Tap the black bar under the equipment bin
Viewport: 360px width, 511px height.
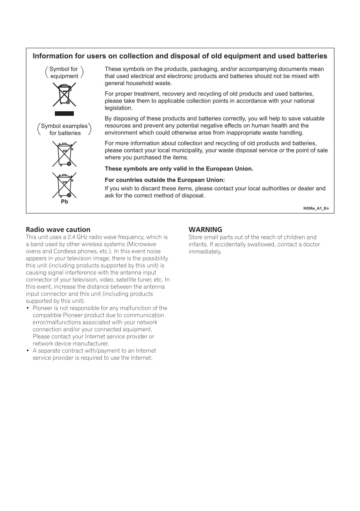point(64,113)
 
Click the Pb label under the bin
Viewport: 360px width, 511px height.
point(64,202)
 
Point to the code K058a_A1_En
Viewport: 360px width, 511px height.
point(316,208)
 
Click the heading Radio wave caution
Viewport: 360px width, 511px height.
point(58,230)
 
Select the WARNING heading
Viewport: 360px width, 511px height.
point(205,230)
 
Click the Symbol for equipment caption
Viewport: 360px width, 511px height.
point(64,73)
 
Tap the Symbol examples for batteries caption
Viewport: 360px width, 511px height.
point(64,129)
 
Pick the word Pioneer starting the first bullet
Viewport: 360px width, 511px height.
point(42,308)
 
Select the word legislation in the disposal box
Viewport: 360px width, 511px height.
point(118,108)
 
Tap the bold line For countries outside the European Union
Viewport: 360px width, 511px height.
point(165,180)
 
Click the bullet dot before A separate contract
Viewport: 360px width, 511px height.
point(28,351)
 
